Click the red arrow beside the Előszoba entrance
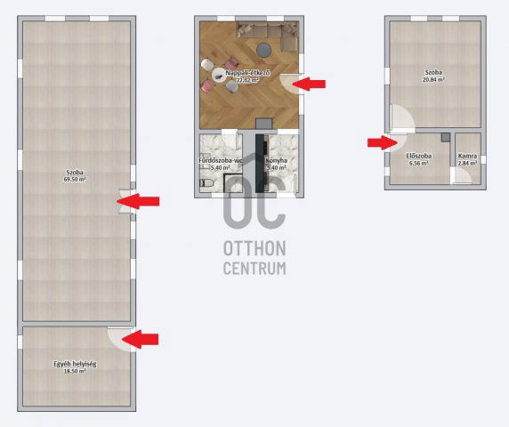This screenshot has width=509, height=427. click(384, 141)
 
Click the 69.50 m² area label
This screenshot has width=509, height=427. click(76, 180)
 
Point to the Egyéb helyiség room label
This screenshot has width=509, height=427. click(75, 364)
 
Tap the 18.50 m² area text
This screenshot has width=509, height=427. click(75, 371)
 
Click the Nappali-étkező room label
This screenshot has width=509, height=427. click(242, 72)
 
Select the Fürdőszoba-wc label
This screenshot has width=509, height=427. click(220, 161)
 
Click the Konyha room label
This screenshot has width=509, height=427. click(276, 161)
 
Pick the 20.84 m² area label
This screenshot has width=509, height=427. click(434, 79)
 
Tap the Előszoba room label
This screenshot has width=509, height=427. click(420, 157)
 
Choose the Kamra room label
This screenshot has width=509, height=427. click(467, 157)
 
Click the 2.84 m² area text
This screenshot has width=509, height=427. click(467, 164)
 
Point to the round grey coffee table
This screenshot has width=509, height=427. click(264, 48)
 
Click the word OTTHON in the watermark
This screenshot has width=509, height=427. click(254, 250)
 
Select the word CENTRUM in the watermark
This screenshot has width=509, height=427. click(254, 268)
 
